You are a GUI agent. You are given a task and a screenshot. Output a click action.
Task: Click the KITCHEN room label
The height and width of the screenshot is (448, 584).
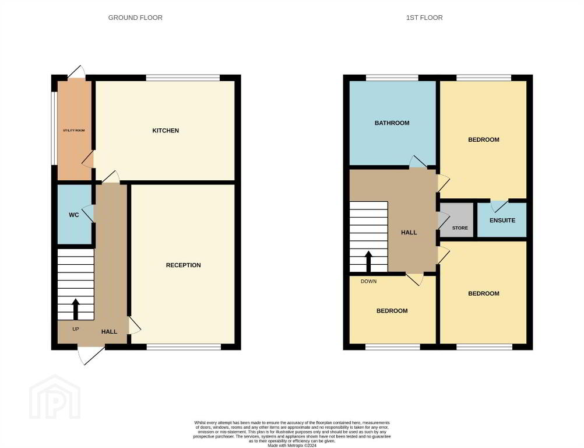pos(166,131)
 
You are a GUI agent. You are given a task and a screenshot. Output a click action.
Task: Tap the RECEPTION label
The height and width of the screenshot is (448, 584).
pos(183,265)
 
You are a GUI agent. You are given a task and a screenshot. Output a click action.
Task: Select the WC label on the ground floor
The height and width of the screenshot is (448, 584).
pos(74,215)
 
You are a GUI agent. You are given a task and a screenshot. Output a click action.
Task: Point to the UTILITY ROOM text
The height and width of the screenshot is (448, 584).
pos(74,131)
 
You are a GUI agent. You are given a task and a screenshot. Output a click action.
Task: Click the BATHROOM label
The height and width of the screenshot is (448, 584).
pos(392,123)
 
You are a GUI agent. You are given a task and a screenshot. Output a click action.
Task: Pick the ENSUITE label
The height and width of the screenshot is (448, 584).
pos(502,220)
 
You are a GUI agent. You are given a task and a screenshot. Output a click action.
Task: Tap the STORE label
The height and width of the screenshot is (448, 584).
pos(460,228)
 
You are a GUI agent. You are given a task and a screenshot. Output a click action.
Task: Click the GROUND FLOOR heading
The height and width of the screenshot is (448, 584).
pos(135,17)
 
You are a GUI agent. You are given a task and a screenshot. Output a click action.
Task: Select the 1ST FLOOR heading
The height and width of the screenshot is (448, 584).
pos(424,17)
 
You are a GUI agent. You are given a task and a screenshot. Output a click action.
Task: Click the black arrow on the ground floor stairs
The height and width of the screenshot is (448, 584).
pos(76,309)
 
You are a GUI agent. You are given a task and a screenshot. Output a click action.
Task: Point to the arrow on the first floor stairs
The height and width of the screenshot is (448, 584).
pos(368,262)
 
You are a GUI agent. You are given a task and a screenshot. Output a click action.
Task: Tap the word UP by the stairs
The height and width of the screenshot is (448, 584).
pos(76,329)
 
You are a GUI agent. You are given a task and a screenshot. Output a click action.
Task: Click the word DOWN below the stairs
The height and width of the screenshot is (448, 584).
pos(369,281)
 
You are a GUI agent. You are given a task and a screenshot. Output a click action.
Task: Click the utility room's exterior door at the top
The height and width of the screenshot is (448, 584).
pos(77,72)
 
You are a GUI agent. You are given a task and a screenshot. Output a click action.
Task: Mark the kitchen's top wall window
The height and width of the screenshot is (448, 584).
pos(183,78)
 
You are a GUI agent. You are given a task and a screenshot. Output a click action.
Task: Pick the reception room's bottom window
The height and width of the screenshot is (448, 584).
pos(184,347)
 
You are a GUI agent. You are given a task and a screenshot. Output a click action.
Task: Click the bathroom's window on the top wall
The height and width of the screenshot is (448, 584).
pos(392,78)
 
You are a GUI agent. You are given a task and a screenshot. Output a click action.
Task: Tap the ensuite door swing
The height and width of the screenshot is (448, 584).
pos(499,206)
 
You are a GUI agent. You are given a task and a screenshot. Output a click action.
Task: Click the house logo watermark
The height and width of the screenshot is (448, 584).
pos(55,397)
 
